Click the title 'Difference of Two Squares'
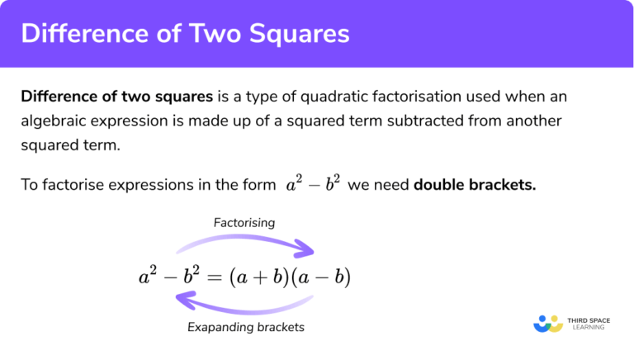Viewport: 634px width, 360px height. [x=185, y=34]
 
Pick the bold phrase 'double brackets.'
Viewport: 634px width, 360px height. [x=475, y=184]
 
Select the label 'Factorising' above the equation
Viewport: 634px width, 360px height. [x=244, y=222]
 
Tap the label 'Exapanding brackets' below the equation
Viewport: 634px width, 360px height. [x=246, y=327]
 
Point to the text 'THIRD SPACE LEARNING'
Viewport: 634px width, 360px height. [x=588, y=323]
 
